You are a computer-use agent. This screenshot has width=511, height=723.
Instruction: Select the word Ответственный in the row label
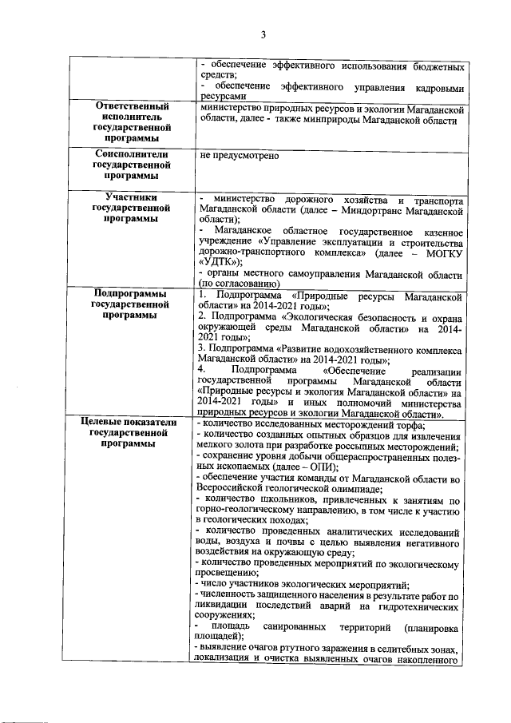[x=132, y=106]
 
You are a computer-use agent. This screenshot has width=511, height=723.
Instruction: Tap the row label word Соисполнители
[x=132, y=154]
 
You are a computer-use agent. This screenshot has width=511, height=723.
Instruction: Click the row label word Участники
[x=132, y=197]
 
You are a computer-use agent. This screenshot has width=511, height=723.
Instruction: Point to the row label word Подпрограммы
[x=132, y=294]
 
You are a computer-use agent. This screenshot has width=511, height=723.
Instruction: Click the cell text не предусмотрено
[x=239, y=155]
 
